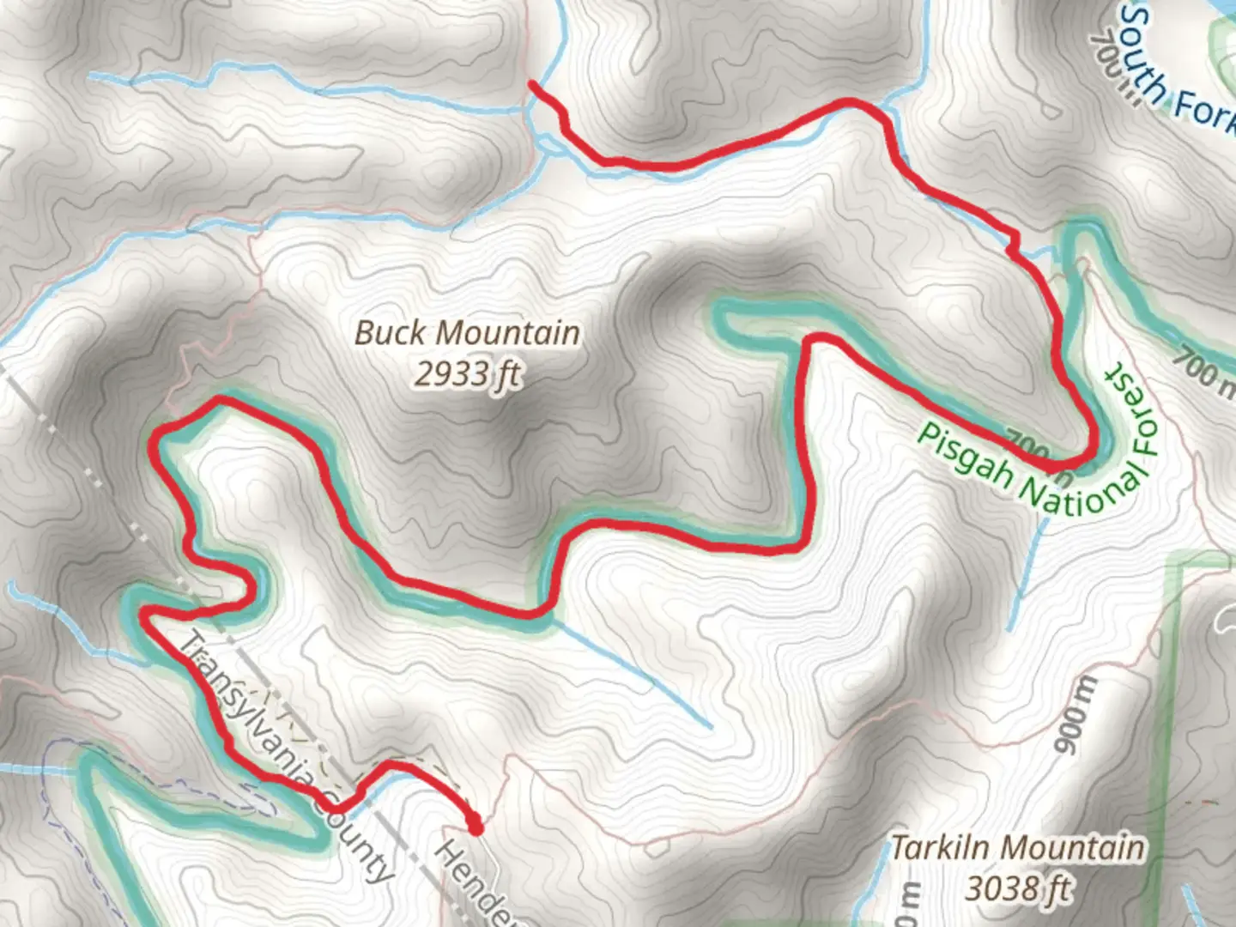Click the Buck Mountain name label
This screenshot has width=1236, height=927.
[468, 333]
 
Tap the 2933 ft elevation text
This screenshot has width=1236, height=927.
[468, 374]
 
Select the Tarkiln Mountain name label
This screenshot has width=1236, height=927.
[1017, 848]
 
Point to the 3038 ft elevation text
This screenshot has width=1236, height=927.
[1019, 888]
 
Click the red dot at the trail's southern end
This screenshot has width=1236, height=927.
[475, 827]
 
